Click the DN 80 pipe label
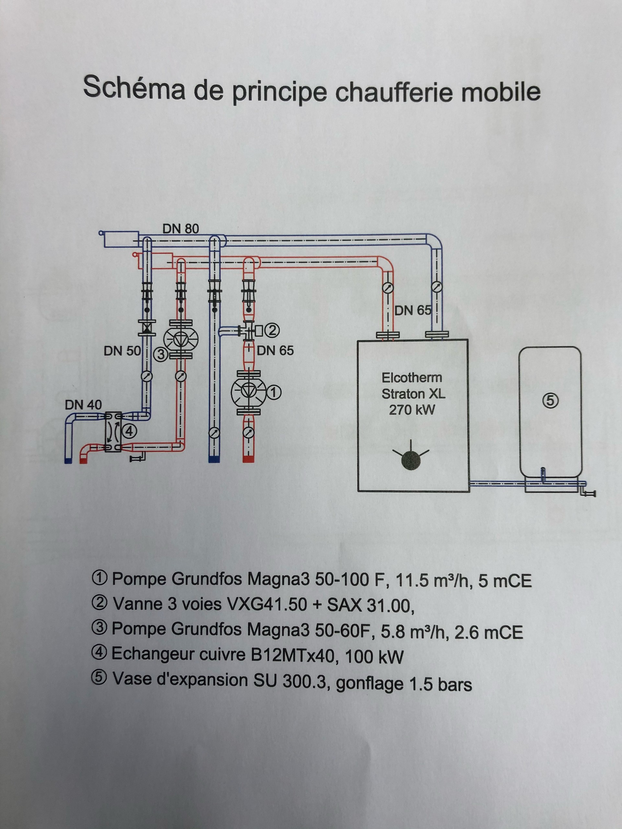(x=180, y=228)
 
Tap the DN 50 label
(x=122, y=351)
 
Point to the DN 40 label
(x=83, y=405)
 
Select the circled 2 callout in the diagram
(x=272, y=330)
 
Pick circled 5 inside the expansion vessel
(x=550, y=401)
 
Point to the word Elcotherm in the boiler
(x=412, y=378)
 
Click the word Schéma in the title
(x=134, y=87)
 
